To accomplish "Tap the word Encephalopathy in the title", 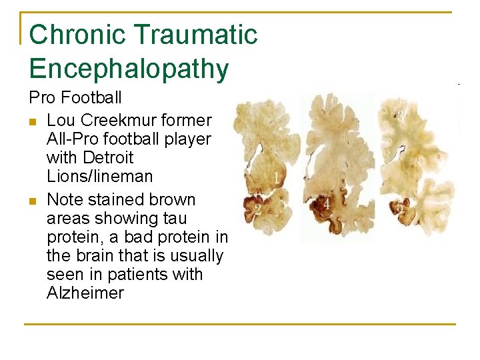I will (129, 69).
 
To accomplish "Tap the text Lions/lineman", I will (99, 177).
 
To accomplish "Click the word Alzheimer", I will (85, 293).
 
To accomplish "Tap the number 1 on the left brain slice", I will (276, 178).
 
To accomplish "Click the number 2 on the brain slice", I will (257, 209).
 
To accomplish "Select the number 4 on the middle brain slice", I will (327, 203).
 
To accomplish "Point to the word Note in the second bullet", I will (65, 200).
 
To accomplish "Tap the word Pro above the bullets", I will (43, 98).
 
